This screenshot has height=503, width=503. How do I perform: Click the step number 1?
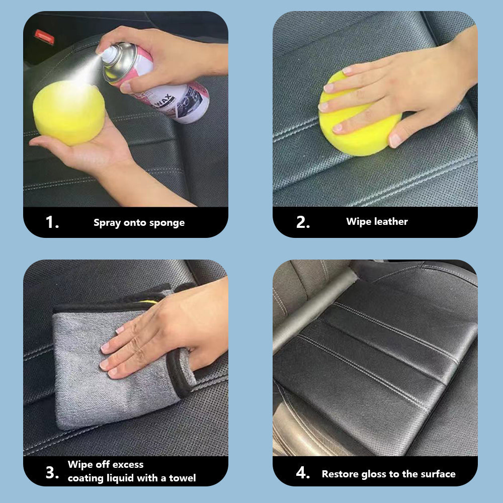click(52, 222)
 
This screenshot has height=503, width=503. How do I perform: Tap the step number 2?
click(303, 222)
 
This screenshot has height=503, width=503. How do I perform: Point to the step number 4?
click(303, 474)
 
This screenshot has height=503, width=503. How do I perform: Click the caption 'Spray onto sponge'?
click(139, 223)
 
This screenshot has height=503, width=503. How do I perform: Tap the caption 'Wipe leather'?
click(377, 221)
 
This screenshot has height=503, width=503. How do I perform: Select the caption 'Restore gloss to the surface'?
click(388, 474)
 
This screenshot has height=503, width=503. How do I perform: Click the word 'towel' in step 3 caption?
click(183, 478)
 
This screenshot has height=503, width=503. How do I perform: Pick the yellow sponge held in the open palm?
click(69, 112)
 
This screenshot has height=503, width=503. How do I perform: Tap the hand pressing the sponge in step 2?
click(392, 91)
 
